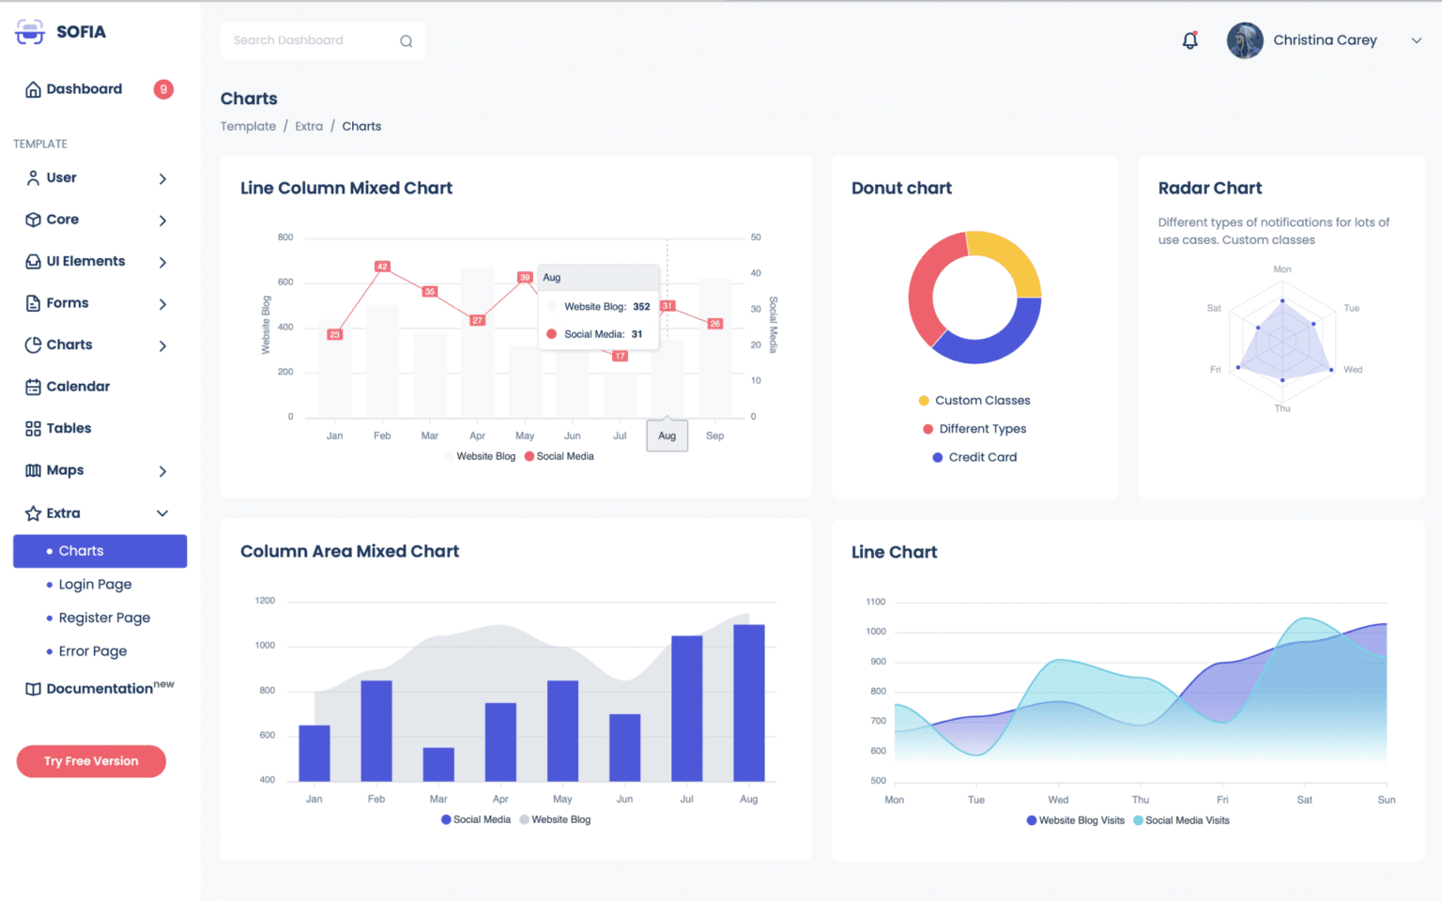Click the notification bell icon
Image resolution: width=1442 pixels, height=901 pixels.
click(x=1189, y=40)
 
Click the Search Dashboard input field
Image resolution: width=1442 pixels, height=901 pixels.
click(x=310, y=40)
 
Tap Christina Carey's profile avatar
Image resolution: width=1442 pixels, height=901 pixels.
click(x=1245, y=40)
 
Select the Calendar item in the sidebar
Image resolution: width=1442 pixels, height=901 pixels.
click(x=78, y=387)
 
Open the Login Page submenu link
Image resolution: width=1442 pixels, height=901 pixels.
click(x=95, y=585)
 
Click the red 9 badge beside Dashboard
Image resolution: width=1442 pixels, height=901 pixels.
click(x=163, y=89)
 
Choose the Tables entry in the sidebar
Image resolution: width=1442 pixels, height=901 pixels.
click(x=69, y=429)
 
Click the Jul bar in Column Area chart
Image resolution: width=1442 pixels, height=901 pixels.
click(x=686, y=709)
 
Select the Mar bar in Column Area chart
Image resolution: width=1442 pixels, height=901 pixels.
click(x=438, y=764)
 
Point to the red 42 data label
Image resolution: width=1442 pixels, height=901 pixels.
click(x=382, y=267)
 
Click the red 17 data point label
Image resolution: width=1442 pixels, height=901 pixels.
click(x=620, y=356)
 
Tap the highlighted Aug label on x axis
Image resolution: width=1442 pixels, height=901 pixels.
click(x=667, y=435)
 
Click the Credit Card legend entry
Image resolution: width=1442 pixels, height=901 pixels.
click(x=982, y=457)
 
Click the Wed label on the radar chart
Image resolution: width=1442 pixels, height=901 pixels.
click(x=1352, y=370)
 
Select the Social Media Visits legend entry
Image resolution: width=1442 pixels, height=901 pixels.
click(x=1187, y=820)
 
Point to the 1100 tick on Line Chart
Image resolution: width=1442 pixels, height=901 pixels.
click(x=876, y=602)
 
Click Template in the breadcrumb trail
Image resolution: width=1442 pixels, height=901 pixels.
click(x=248, y=127)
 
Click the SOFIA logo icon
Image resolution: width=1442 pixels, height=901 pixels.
click(x=30, y=32)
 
